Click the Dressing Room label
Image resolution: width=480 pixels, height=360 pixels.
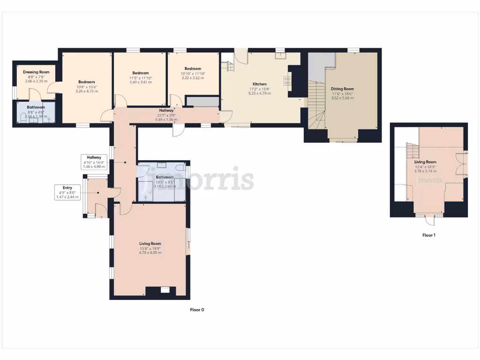pyautogui.click(x=36, y=72)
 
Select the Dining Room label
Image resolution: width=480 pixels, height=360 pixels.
pyautogui.click(x=342, y=89)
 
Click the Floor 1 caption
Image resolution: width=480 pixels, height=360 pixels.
pyautogui.click(x=428, y=235)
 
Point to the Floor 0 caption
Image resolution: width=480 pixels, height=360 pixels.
pyautogui.click(x=197, y=310)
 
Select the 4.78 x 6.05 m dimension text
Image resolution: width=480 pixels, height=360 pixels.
pyautogui.click(x=150, y=253)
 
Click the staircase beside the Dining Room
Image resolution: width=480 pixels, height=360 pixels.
pyautogui.click(x=316, y=105)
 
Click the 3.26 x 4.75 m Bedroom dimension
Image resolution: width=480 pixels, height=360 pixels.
pyautogui.click(x=86, y=91)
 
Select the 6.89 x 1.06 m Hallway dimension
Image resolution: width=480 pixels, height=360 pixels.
pyautogui.click(x=166, y=119)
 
